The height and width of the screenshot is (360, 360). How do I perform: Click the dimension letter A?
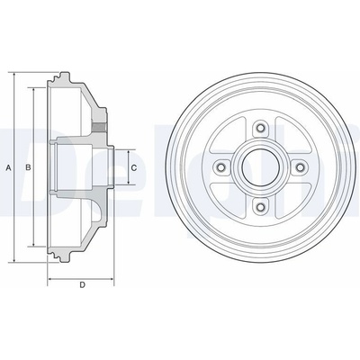(9, 168)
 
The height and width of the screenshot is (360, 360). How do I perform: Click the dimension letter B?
(28, 168)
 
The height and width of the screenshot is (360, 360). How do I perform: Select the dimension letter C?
(134, 168)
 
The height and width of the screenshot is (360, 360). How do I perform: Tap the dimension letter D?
(82, 284)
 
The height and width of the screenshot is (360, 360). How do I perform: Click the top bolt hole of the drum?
(260, 129)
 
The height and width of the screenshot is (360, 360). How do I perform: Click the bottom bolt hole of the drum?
(260, 206)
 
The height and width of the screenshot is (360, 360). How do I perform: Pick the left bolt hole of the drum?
(221, 167)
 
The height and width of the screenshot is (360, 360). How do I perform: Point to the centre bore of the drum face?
(260, 167)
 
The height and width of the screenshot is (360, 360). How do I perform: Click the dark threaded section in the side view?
(100, 128)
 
